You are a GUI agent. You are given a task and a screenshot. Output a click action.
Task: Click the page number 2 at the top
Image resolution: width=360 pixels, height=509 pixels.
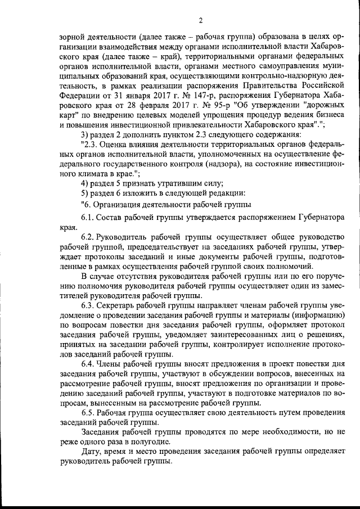200,21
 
